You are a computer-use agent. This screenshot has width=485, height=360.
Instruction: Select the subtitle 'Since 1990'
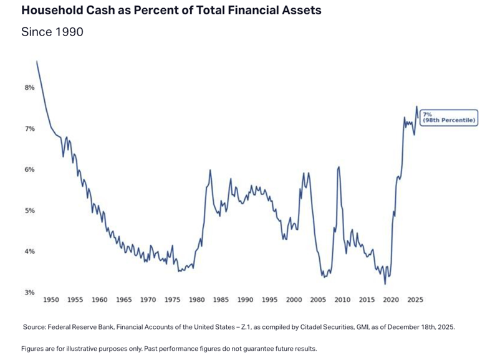(x=52, y=32)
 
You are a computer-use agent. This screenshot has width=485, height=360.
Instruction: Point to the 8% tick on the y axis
(x=29, y=88)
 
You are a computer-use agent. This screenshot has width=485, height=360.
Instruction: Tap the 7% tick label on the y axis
(x=29, y=129)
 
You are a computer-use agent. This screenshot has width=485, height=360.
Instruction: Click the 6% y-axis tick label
(x=29, y=170)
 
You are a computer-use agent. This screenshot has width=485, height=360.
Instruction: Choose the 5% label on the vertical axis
(x=29, y=211)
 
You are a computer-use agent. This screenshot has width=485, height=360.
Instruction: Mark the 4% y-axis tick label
(x=29, y=252)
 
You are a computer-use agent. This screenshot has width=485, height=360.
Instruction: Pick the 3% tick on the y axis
(x=29, y=292)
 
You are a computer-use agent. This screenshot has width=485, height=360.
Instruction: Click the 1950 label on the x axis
(x=51, y=300)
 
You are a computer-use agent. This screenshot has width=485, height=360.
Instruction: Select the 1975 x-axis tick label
(x=173, y=300)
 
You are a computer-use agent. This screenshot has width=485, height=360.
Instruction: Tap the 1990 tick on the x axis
(x=245, y=300)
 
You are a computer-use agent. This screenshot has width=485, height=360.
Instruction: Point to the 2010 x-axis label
(x=342, y=300)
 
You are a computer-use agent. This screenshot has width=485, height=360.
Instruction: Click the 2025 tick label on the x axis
(x=415, y=300)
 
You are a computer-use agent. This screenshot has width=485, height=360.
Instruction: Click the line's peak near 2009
(x=339, y=167)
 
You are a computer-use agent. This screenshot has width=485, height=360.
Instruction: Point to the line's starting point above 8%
(x=37, y=61)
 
